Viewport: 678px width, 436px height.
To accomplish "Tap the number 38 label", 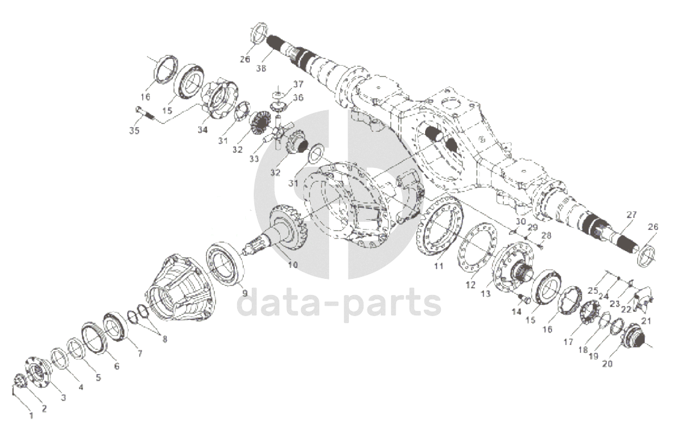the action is point(261,68).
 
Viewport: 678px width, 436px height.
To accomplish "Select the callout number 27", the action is point(630,215).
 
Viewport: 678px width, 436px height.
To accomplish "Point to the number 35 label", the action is point(134,130).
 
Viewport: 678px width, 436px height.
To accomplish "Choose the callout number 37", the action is point(298,83).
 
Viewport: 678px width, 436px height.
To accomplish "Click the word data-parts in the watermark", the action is point(340,304).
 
